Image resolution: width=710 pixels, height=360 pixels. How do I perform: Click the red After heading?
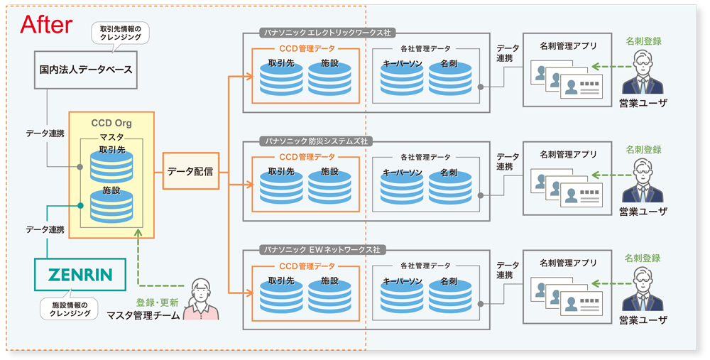pos(46,25)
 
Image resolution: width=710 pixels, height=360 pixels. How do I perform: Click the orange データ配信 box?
pos(191,170)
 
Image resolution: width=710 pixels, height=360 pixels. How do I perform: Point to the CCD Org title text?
pos(111,123)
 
